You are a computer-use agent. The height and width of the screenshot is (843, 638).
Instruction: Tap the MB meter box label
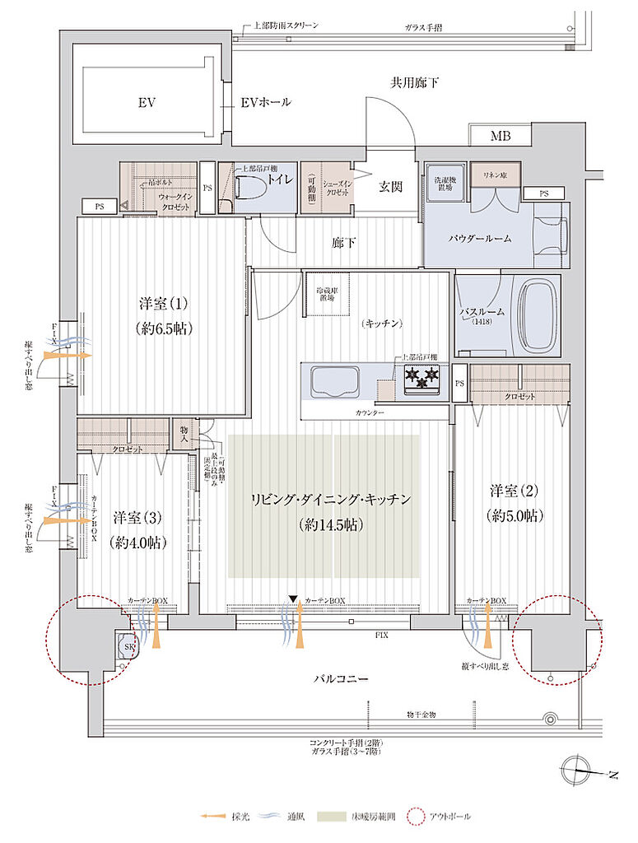[x=500, y=136]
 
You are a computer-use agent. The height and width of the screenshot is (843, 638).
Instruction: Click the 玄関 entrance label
[x=390, y=186]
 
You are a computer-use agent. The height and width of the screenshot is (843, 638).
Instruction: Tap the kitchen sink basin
[x=333, y=382]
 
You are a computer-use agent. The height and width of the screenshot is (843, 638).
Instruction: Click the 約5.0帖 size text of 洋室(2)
[x=514, y=516]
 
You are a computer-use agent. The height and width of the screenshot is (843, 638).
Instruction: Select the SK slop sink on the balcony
[x=129, y=646]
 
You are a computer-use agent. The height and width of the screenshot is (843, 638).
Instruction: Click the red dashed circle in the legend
[x=415, y=817]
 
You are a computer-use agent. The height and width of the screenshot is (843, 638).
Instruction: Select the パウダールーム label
[x=480, y=238]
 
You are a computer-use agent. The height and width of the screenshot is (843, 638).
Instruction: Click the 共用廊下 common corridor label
[x=414, y=83]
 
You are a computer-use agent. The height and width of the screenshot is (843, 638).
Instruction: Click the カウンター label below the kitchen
[x=370, y=411]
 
